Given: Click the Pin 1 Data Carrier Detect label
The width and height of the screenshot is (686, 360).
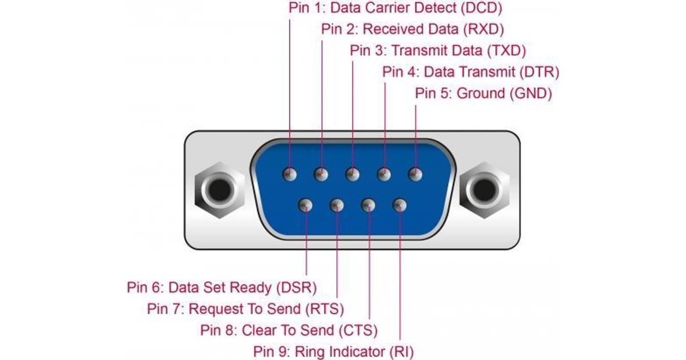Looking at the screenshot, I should click(x=395, y=9).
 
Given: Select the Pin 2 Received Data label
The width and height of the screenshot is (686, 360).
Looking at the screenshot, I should click(x=412, y=29).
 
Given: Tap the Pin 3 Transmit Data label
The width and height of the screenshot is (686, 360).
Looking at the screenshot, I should click(x=437, y=50).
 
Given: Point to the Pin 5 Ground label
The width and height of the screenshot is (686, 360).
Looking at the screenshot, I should click(x=483, y=93).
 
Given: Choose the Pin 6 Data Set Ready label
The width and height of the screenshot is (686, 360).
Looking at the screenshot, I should click(x=222, y=287).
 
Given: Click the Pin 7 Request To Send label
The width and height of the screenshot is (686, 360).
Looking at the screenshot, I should click(x=245, y=309).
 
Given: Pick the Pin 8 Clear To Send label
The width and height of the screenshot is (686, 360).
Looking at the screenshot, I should click(x=289, y=330).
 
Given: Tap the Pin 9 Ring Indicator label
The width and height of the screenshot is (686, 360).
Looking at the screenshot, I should click(x=333, y=351).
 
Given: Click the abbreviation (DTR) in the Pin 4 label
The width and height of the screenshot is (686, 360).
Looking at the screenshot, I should click(x=538, y=72).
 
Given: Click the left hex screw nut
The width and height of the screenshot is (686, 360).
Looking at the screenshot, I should click(x=218, y=190).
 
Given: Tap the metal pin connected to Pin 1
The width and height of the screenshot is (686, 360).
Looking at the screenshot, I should click(x=290, y=174).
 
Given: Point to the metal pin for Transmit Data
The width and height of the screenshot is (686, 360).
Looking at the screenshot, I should click(x=353, y=174).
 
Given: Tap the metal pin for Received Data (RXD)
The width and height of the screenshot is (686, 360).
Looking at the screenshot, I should click(x=322, y=174).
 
